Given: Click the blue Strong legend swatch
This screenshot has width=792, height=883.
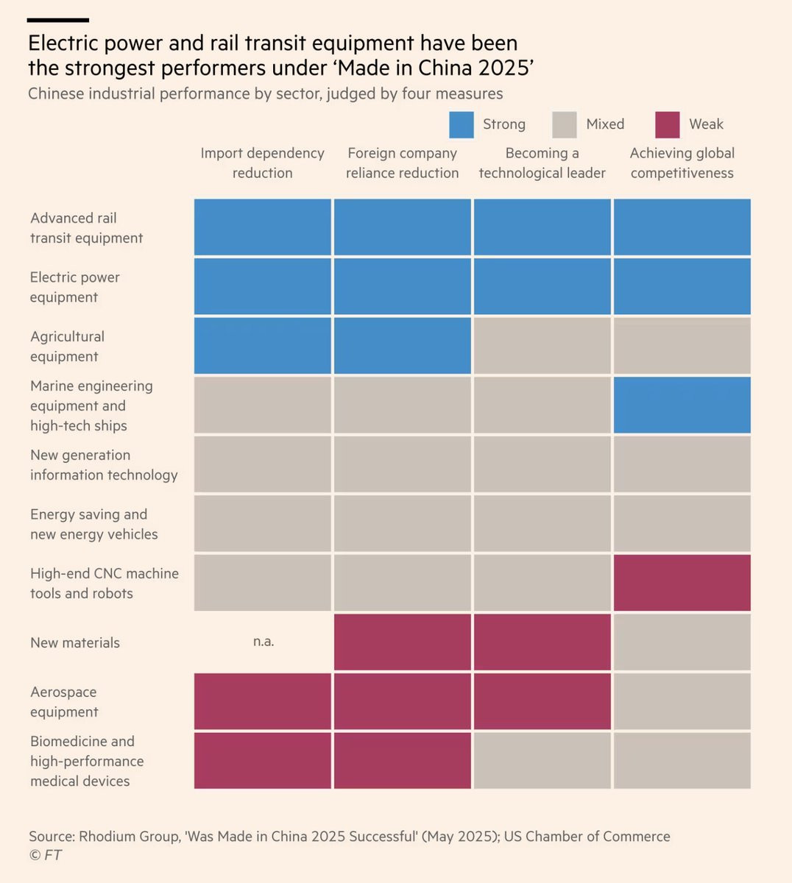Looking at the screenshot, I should click(x=462, y=124).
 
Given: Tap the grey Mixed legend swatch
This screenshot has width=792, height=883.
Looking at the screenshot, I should click(x=565, y=124).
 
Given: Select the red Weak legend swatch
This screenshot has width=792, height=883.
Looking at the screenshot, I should click(x=667, y=124).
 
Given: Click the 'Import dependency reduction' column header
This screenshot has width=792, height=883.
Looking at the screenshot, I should click(x=262, y=163).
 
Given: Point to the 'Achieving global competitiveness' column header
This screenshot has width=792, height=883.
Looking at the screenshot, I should click(x=682, y=163).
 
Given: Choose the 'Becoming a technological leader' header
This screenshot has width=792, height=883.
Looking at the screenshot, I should click(x=542, y=163).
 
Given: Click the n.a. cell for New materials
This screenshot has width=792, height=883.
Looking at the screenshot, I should click(x=263, y=642).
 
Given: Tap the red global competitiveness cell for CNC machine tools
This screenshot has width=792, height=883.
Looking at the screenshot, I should click(x=682, y=583).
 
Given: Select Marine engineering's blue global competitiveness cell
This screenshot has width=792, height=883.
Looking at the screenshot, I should click(x=682, y=405).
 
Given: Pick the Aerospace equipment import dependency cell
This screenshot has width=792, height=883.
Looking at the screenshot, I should click(x=263, y=701).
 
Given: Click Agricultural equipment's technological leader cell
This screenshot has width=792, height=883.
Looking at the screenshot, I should click(x=542, y=346).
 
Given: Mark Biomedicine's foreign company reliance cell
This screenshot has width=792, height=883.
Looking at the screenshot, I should click(x=402, y=761).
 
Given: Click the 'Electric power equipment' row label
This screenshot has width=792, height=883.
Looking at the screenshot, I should click(x=74, y=287).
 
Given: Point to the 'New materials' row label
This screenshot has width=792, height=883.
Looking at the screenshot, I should click(x=74, y=642).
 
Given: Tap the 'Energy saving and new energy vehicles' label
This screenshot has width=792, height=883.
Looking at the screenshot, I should click(x=93, y=524).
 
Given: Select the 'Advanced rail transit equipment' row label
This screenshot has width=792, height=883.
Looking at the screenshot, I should click(x=86, y=228).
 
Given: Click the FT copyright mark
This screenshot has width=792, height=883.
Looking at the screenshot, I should click(x=45, y=855).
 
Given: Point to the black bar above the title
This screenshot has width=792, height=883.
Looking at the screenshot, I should click(x=58, y=21).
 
